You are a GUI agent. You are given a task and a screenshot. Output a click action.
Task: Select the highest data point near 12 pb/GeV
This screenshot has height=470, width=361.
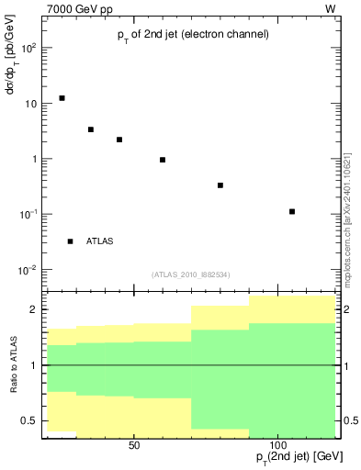(x=62, y=98)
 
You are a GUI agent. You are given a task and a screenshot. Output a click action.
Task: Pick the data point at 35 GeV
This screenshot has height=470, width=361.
(x=91, y=129)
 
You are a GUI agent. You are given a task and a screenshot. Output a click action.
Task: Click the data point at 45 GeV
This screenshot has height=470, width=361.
(x=119, y=140)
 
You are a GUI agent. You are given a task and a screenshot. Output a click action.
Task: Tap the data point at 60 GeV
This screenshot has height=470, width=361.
(x=163, y=160)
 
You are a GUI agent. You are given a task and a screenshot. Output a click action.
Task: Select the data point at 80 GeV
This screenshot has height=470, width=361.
(x=220, y=185)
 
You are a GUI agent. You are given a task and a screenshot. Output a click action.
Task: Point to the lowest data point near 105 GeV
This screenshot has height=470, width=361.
(x=292, y=212)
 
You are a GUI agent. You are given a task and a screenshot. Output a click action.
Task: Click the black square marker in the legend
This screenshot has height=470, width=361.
(x=70, y=241)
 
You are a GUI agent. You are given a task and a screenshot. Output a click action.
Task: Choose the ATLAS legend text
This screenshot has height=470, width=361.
(x=100, y=241)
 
